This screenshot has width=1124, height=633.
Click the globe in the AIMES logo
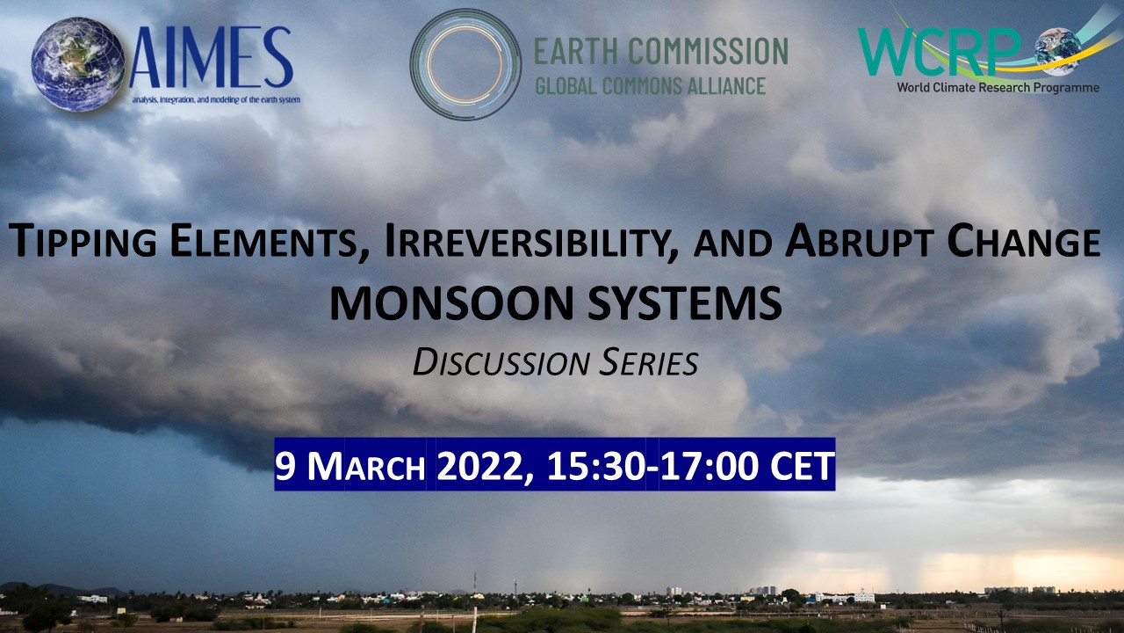pyautogui.click(x=77, y=65)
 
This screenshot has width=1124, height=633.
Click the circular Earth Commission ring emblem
pyautogui.click(x=465, y=64)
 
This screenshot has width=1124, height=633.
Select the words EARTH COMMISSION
pyautogui.click(x=660, y=51)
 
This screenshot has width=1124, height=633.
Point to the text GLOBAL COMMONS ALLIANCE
pyautogui.click(x=650, y=86)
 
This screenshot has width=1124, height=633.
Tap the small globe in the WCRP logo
pyautogui.click(x=1057, y=49)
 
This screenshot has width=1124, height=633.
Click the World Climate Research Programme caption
pyautogui.click(x=996, y=87)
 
